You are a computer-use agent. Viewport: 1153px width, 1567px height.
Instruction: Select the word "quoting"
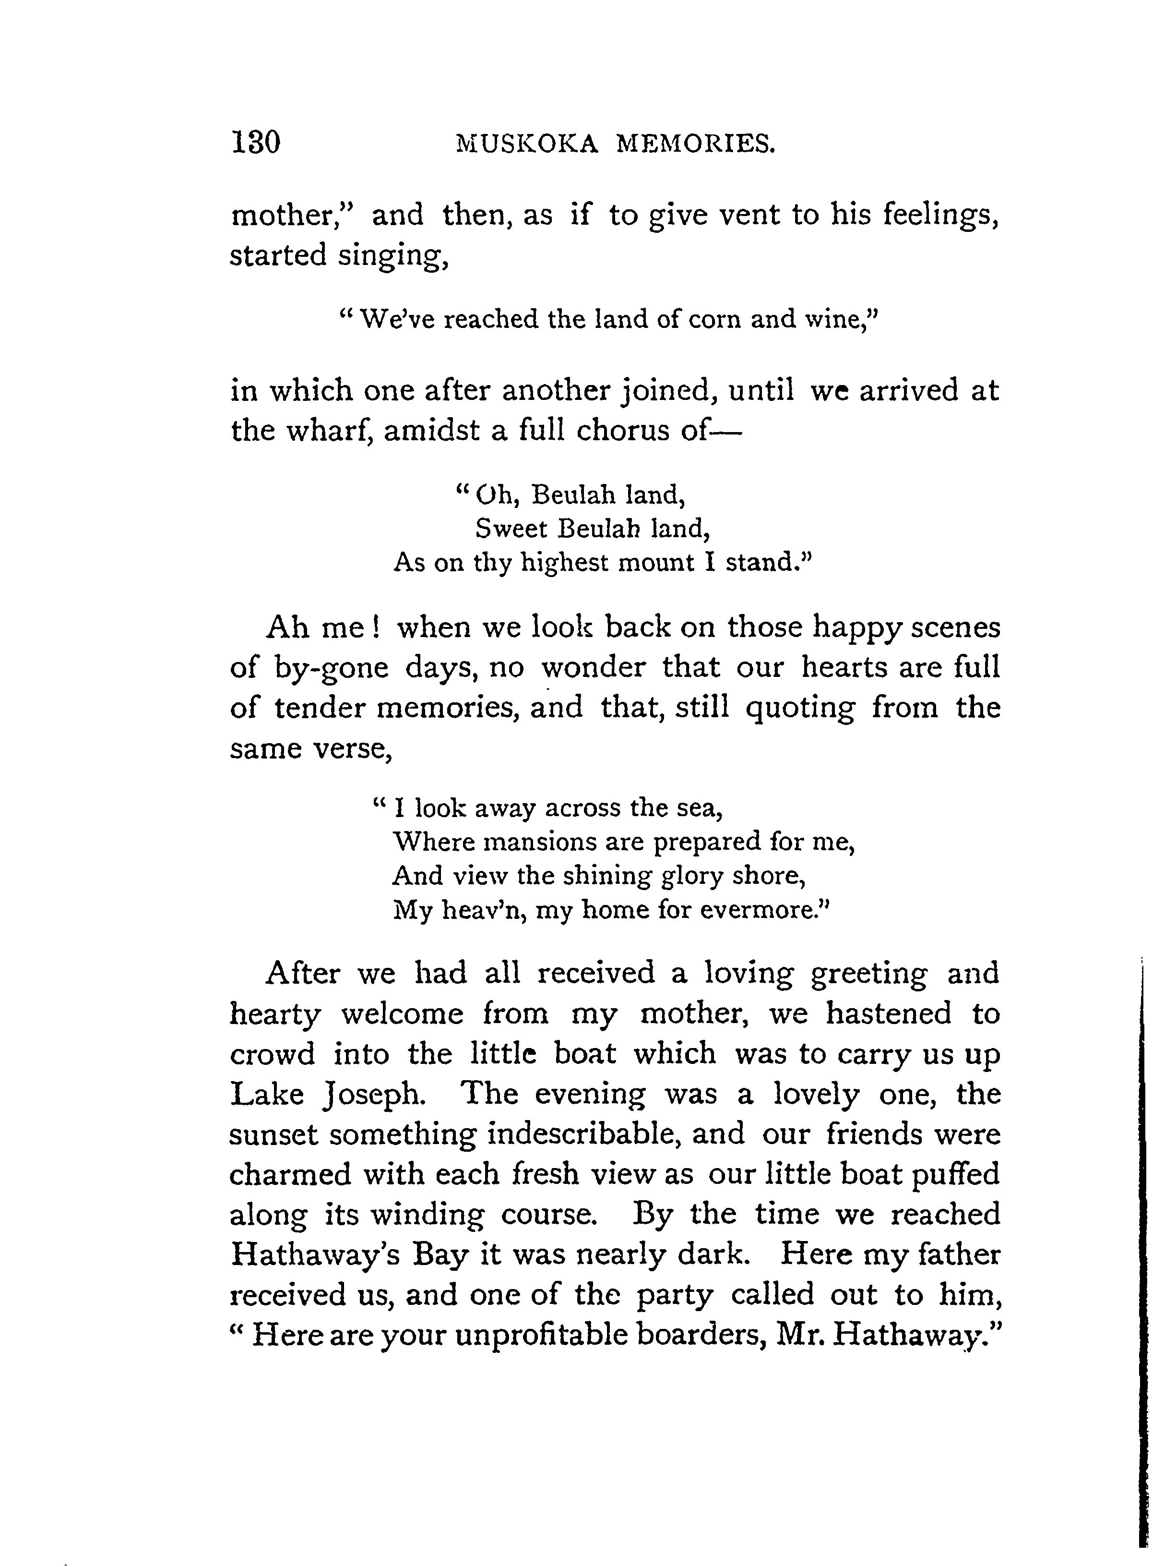point(800,709)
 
